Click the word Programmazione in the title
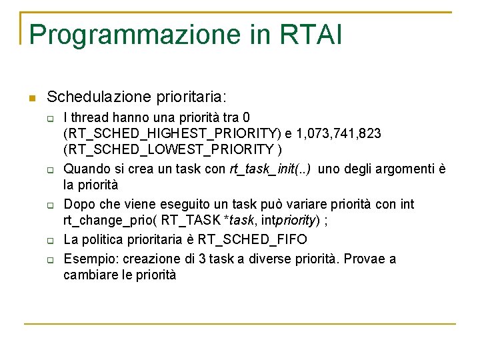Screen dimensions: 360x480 tap(135, 35)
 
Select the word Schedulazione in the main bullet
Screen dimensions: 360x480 tap(89, 97)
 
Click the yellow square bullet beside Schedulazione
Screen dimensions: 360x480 tap(31, 98)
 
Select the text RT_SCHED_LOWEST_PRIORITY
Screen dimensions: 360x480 tap(169, 149)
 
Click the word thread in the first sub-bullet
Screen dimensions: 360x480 tap(87, 117)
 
